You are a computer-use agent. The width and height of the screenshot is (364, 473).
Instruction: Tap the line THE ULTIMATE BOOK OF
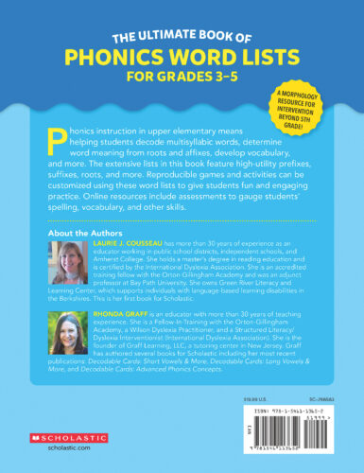[181, 38]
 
